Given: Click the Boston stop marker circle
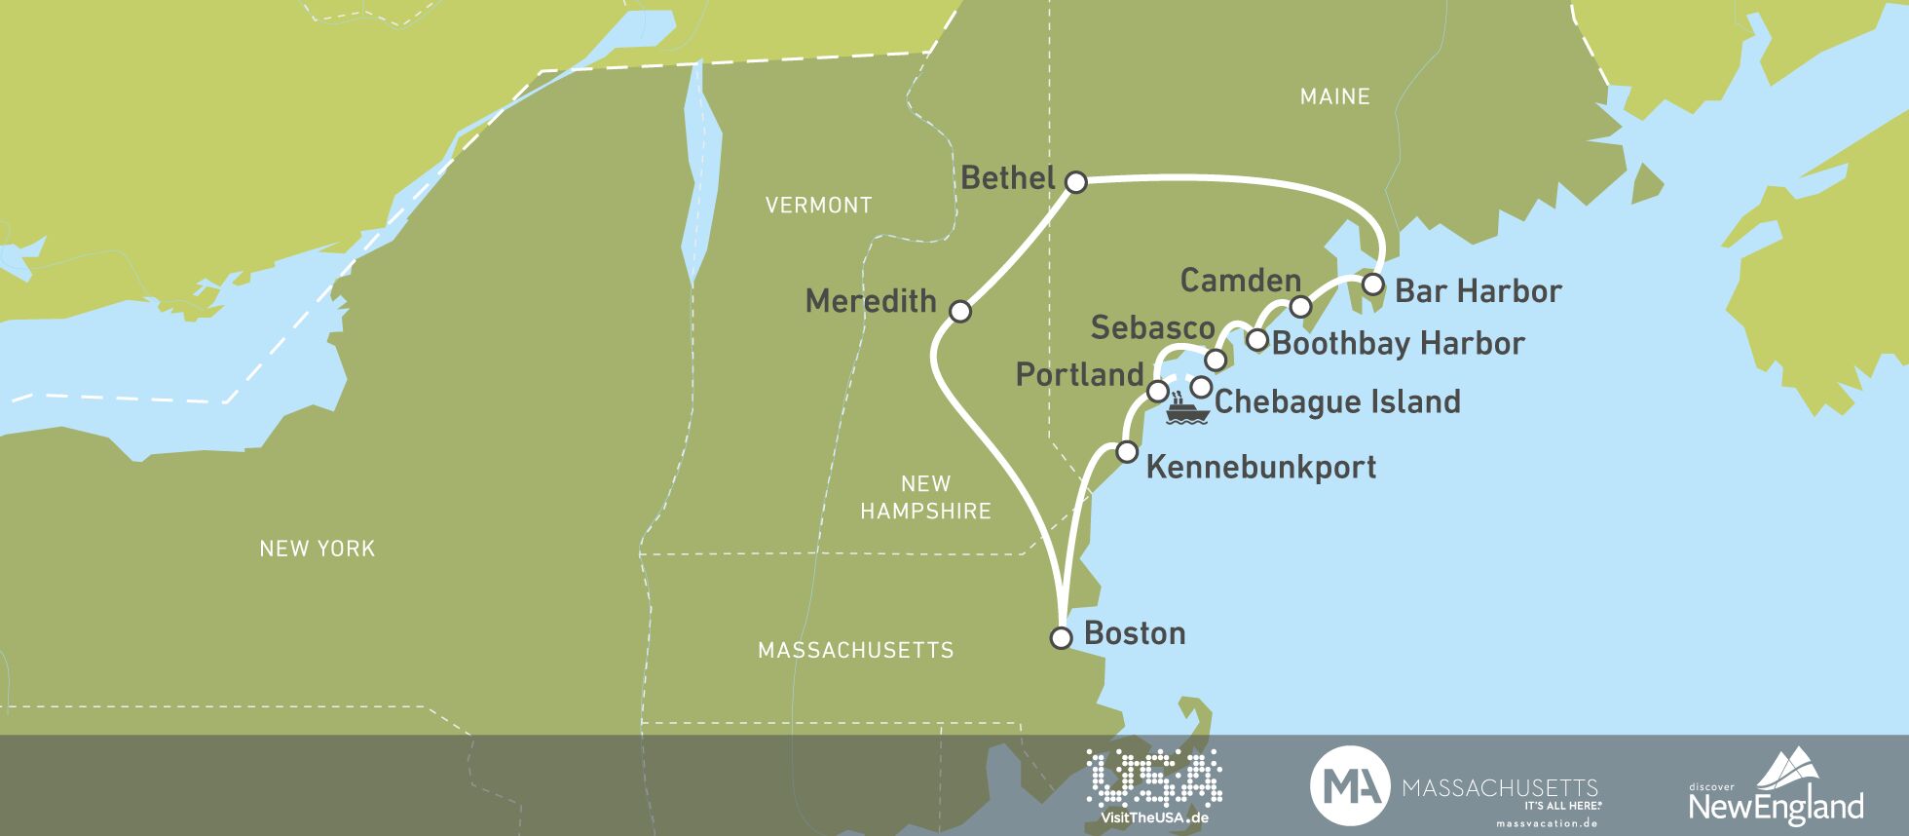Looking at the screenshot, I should (1061, 638).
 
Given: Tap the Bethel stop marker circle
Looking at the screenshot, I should (1075, 182).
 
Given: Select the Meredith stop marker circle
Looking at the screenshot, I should (959, 312).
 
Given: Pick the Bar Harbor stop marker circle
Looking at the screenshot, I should (1371, 285).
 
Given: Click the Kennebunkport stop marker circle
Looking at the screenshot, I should (1126, 452).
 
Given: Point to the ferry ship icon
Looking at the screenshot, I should (1186, 408).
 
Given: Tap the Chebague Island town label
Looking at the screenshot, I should (1337, 401).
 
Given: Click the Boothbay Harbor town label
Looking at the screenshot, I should (1398, 343).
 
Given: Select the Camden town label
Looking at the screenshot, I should (1240, 281).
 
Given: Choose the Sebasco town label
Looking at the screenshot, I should (1152, 327).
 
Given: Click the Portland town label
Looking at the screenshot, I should (1079, 375).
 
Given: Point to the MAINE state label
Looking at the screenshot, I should (1334, 96).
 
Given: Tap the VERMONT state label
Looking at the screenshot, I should (818, 206).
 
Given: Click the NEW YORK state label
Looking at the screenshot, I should (317, 549).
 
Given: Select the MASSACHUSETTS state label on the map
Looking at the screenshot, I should (855, 650).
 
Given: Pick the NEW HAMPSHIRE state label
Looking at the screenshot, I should (925, 497).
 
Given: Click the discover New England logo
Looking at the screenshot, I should (1776, 787).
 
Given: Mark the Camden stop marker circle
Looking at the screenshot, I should (1300, 307).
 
